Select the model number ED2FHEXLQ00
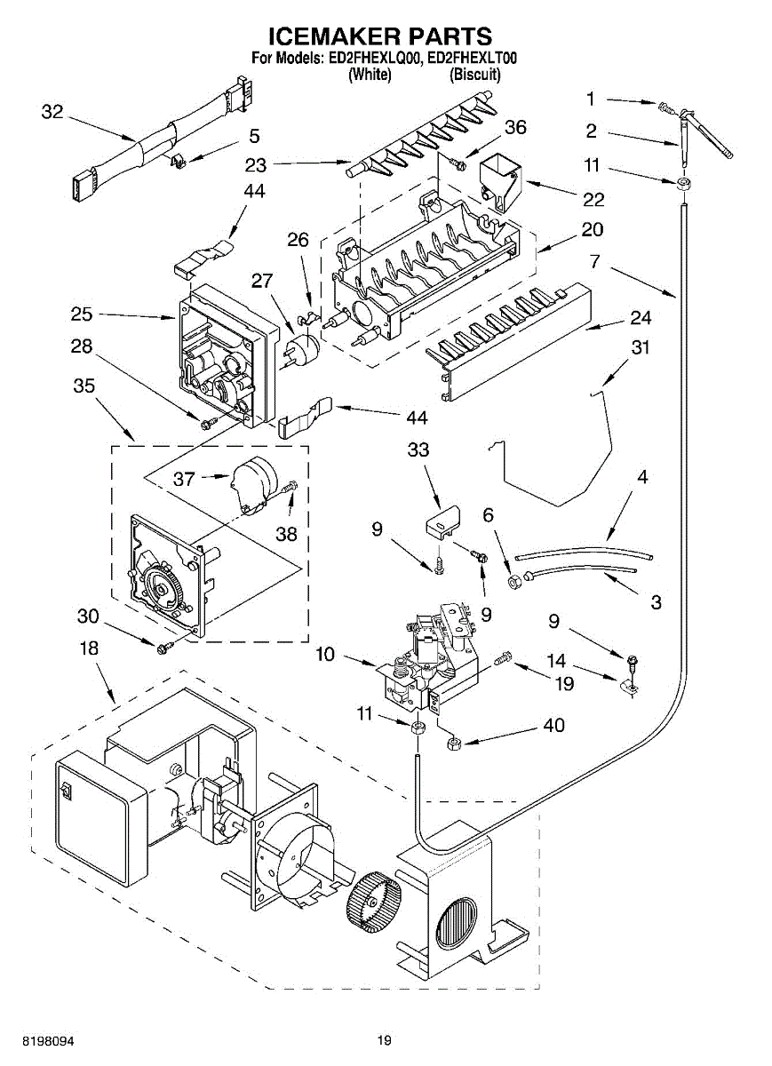click(371, 59)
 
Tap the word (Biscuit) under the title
click(475, 75)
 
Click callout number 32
click(52, 112)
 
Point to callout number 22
click(593, 199)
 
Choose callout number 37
click(184, 479)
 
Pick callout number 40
click(553, 725)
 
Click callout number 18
click(89, 648)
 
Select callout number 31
click(641, 347)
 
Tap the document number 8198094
click(48, 1041)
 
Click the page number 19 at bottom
click(385, 1041)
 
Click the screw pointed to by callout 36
click(458, 164)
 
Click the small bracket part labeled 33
click(442, 521)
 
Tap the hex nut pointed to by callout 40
click(455, 744)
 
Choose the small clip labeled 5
click(178, 160)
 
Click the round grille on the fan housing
click(456, 924)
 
